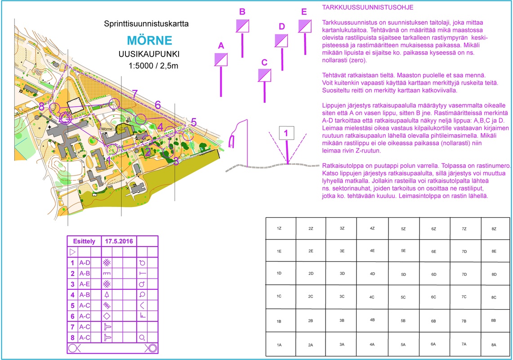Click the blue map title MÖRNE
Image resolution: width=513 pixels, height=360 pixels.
click(x=150, y=40)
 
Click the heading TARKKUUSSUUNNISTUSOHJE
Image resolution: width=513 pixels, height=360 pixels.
click(x=368, y=8)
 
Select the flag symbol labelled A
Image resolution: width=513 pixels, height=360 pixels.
click(x=221, y=59)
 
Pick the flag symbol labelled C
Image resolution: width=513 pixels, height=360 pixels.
click(x=264, y=75)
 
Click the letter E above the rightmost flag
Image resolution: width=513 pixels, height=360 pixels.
click(x=304, y=12)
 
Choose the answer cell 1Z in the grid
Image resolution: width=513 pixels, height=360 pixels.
click(x=279, y=229)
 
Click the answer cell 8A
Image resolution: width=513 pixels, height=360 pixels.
click(x=494, y=345)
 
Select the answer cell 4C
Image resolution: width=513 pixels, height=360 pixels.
click(x=372, y=297)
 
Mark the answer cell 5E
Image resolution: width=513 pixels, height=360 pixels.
click(x=403, y=251)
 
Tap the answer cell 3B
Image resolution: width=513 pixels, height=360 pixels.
click(x=342, y=321)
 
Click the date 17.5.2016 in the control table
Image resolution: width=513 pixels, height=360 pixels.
click(x=119, y=241)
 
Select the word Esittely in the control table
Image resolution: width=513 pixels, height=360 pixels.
click(x=84, y=241)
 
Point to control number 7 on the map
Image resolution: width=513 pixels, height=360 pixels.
click(x=134, y=94)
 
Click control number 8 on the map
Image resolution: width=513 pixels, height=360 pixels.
click(x=41, y=107)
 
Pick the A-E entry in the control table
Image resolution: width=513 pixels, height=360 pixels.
click(x=85, y=284)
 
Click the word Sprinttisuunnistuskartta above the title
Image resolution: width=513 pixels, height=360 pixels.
click(x=146, y=23)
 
